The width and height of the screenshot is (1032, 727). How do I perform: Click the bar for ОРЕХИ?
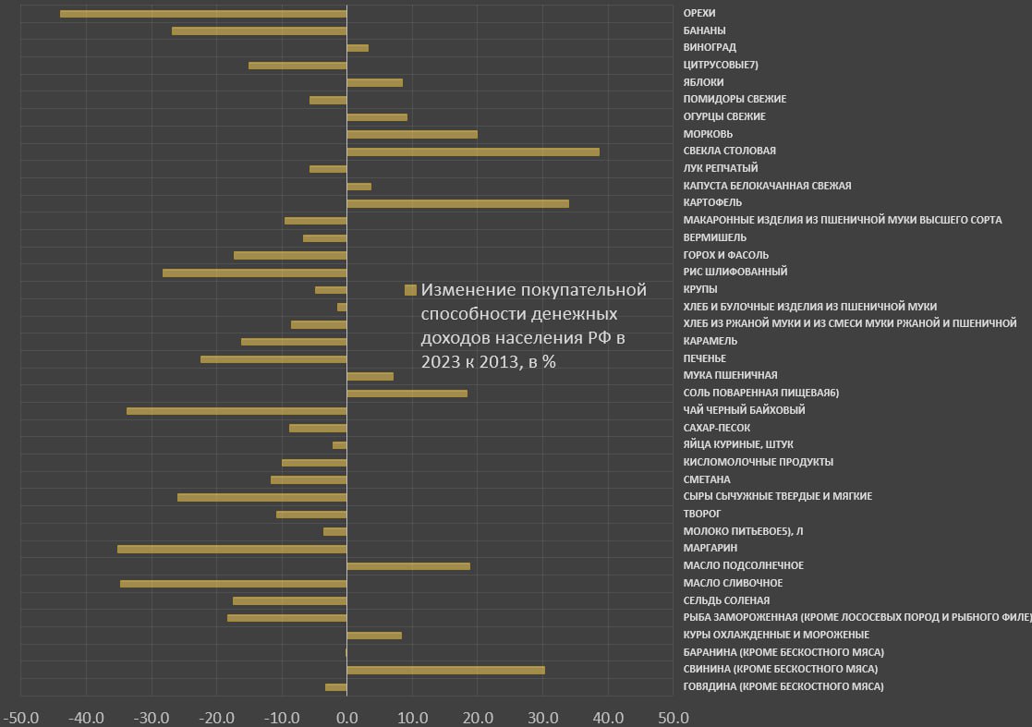203,14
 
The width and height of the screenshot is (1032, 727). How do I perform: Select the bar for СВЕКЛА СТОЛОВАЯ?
473,151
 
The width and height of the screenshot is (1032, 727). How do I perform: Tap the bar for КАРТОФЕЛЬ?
457,203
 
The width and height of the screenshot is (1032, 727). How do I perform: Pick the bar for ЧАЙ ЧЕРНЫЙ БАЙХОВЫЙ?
237,410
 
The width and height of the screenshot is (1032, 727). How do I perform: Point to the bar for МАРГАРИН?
232,549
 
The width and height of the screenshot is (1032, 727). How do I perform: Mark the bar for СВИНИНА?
445,670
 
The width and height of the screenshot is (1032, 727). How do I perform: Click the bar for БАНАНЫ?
259,31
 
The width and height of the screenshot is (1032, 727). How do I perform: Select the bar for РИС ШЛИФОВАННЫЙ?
254,273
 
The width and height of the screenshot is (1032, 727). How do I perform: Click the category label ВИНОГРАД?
710,47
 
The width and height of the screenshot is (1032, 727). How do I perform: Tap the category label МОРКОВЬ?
708,134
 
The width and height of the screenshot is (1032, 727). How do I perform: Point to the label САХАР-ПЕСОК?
716,428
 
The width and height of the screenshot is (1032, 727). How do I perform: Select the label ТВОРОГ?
702,514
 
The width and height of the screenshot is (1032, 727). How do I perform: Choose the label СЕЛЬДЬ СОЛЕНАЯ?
726,600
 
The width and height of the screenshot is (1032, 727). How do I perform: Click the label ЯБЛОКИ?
703,82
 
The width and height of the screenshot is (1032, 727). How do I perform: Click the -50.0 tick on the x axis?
21,718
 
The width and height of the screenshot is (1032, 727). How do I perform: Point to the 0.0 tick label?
346,718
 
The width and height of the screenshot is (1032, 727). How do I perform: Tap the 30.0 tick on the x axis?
542,718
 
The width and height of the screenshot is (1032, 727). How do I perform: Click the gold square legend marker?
411,290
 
